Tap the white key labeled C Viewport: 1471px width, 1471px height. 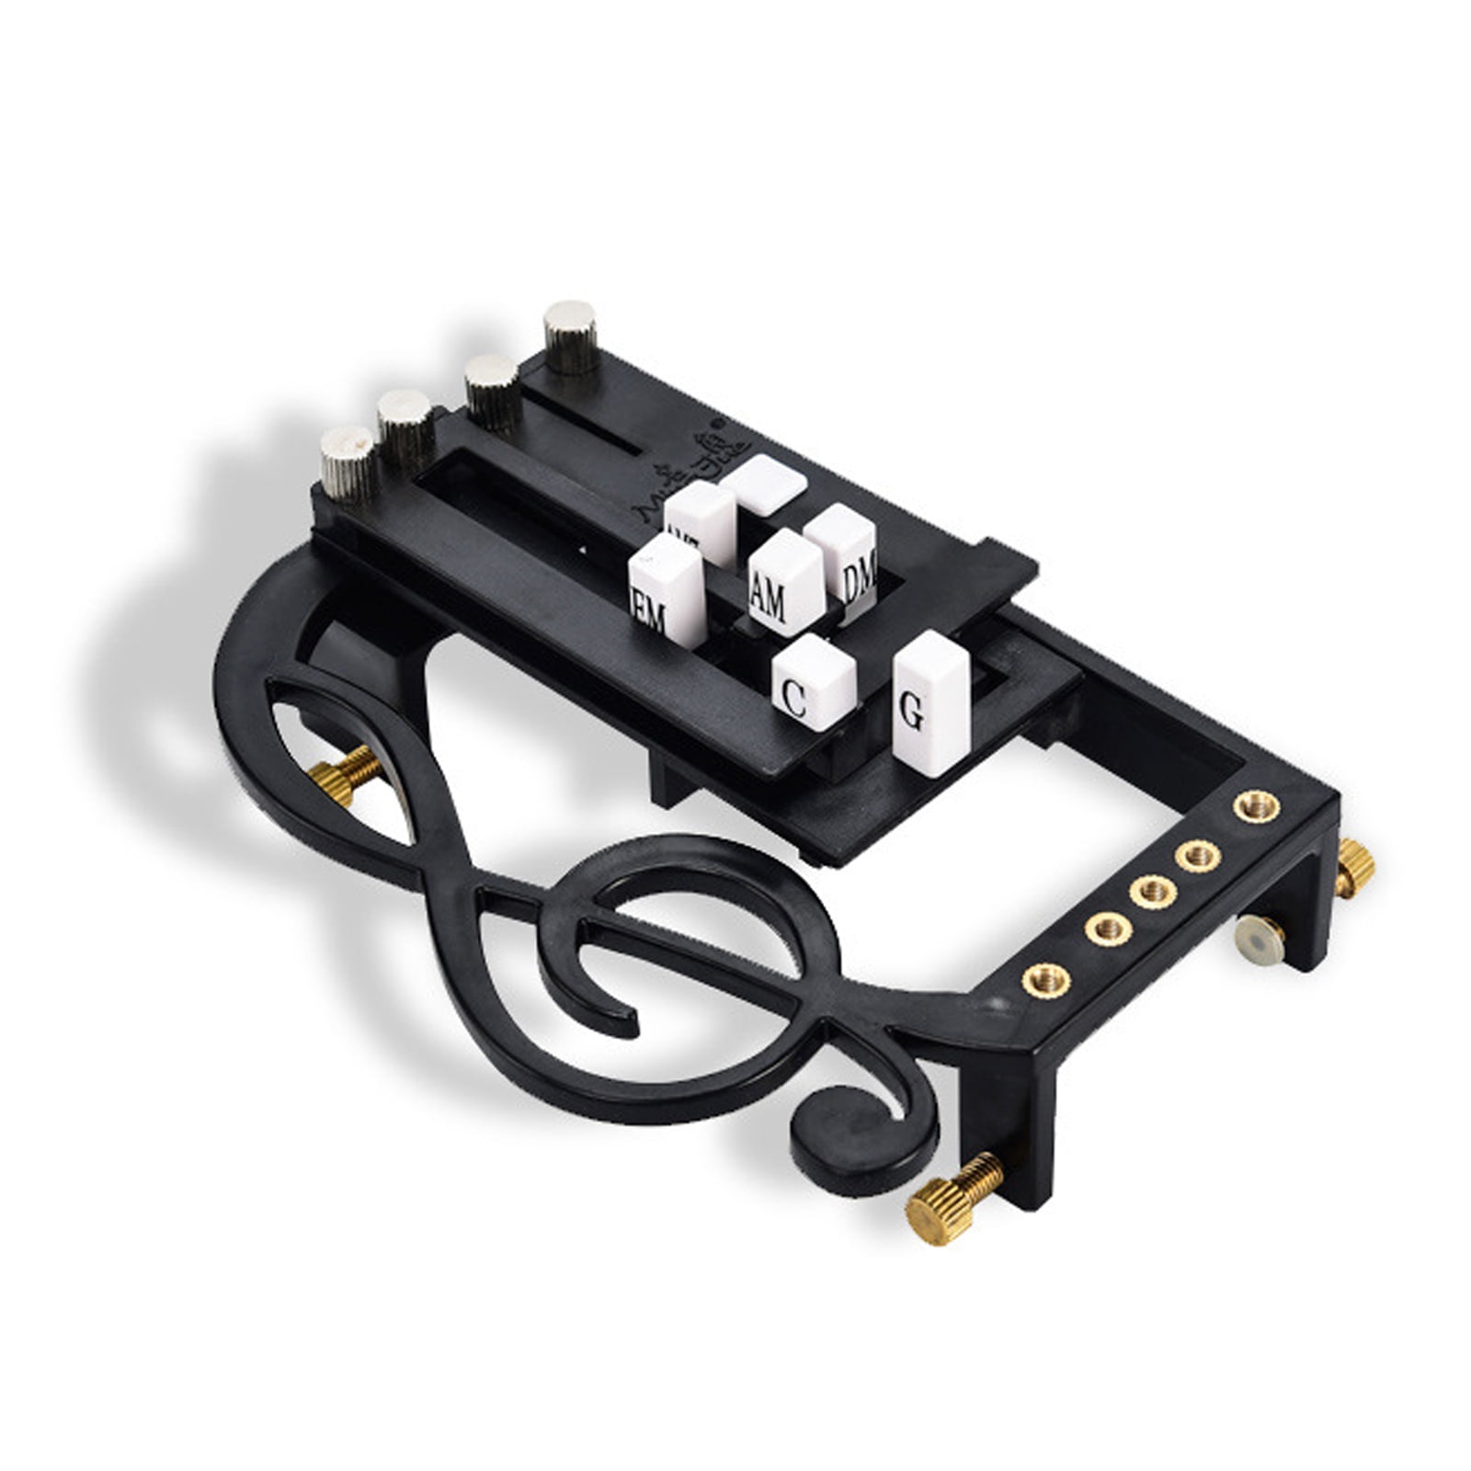(x=813, y=685)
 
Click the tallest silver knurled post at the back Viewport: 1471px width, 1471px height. (x=570, y=336)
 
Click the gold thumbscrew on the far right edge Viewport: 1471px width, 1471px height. (x=1356, y=864)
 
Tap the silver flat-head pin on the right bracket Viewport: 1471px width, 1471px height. (x=1258, y=939)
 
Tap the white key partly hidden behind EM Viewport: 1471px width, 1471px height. (x=701, y=520)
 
